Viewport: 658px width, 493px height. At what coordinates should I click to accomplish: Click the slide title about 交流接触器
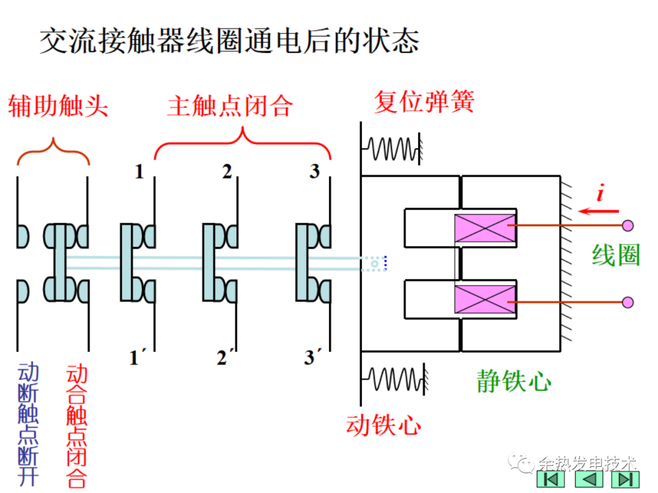[x=230, y=41]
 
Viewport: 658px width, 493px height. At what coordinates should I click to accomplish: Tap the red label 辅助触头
[x=58, y=107]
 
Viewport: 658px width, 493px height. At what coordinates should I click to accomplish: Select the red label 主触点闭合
[x=230, y=107]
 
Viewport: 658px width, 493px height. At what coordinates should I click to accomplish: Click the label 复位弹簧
[x=424, y=102]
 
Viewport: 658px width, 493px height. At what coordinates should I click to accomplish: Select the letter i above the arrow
[x=600, y=194]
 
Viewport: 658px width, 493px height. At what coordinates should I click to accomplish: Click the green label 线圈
[x=616, y=256]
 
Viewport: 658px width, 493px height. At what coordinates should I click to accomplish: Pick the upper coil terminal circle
[x=628, y=226]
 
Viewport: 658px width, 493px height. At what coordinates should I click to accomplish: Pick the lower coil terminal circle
[x=628, y=302]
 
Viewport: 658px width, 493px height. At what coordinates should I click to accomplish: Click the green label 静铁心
[x=514, y=382]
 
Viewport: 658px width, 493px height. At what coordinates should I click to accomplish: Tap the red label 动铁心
[x=383, y=425]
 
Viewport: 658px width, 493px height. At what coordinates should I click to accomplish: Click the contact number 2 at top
[x=227, y=172]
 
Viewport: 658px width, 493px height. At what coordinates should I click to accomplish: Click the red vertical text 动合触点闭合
[x=77, y=427]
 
